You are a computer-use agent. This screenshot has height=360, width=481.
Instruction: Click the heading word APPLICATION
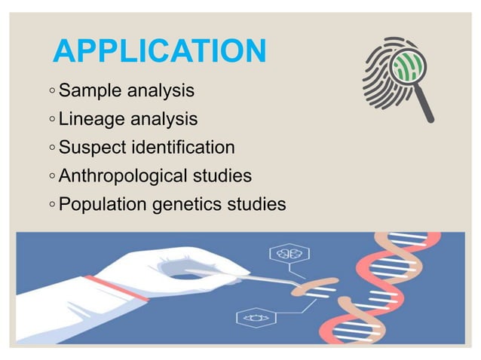[x=161, y=52]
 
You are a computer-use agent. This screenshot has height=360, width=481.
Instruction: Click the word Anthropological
[x=123, y=176]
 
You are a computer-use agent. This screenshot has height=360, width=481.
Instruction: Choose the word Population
[x=102, y=204]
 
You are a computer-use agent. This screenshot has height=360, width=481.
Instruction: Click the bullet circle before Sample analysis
[x=50, y=92]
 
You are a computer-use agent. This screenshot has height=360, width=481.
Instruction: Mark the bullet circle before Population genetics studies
[x=50, y=205]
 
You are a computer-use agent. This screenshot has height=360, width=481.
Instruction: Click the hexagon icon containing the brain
[x=286, y=254]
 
